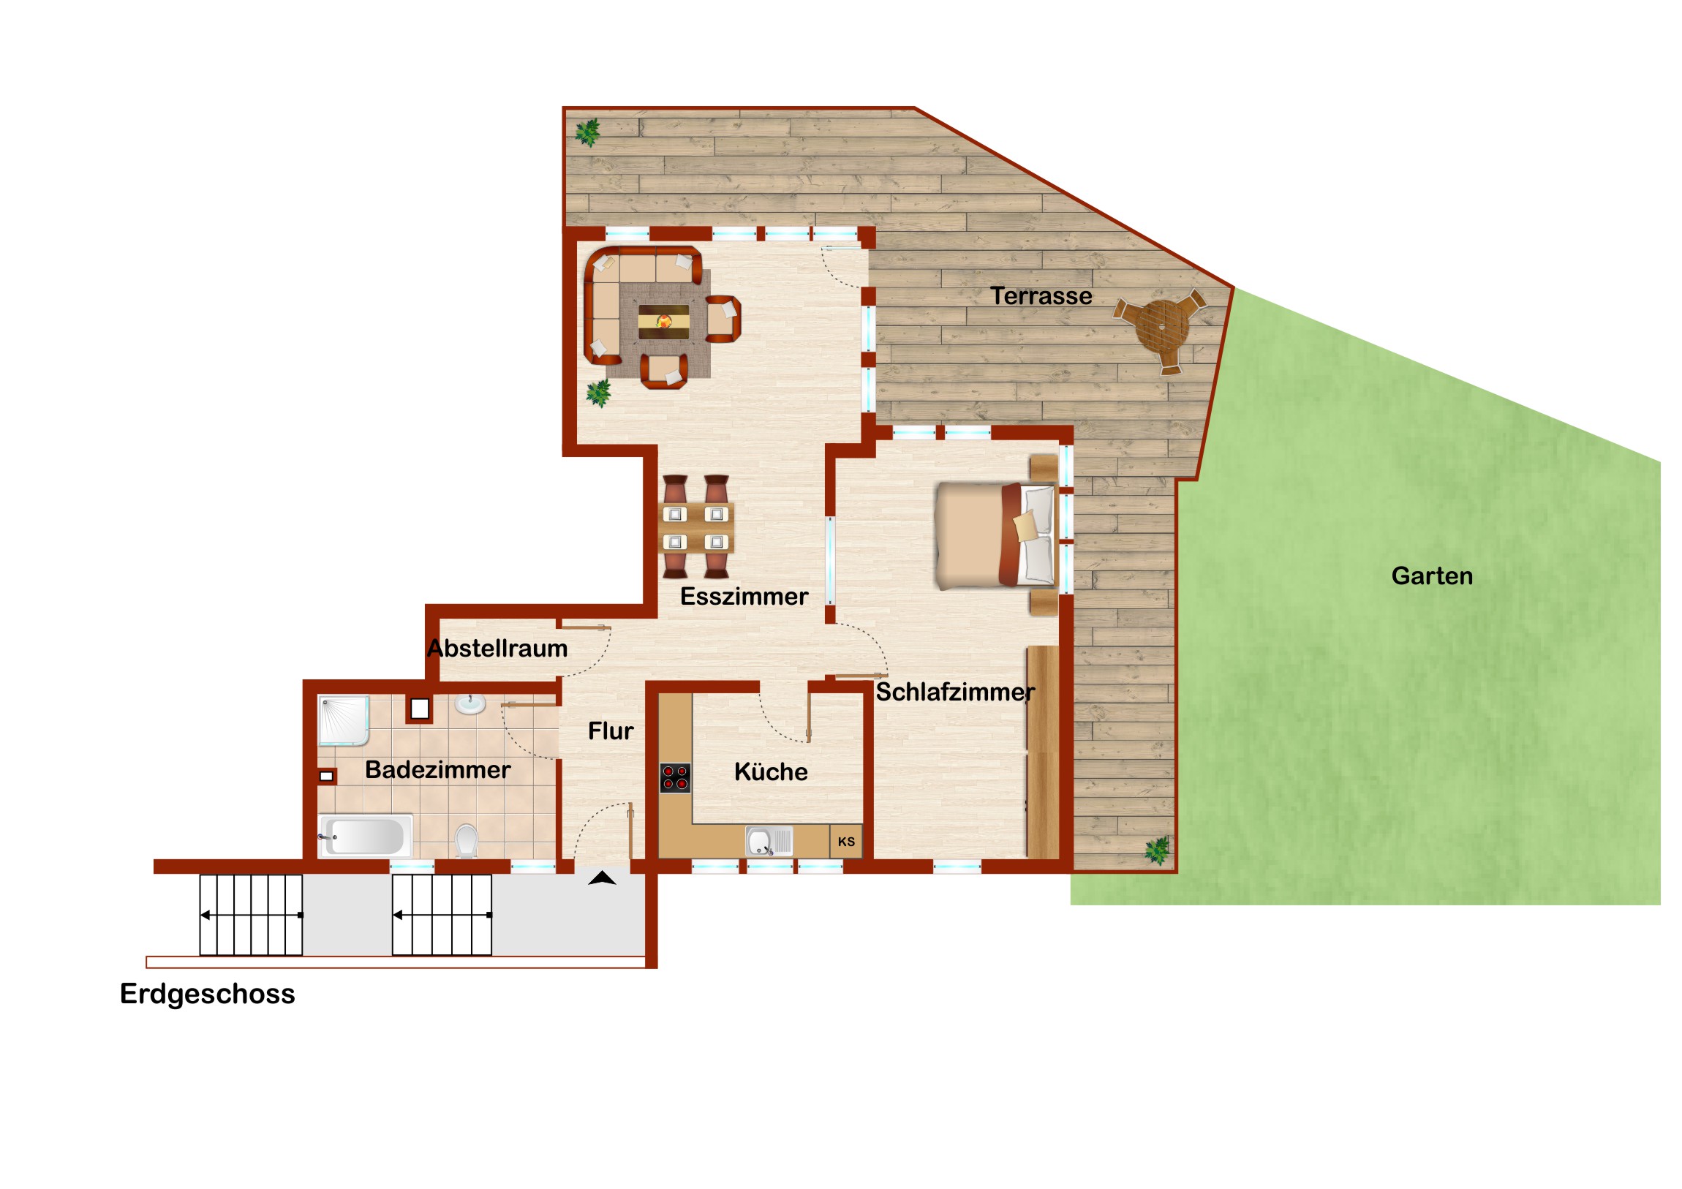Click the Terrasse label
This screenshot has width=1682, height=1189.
[x=1041, y=296]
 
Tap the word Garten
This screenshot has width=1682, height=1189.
[x=1432, y=575]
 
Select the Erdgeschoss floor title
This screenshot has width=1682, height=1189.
[x=207, y=994]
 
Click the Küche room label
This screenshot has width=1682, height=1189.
[x=771, y=771]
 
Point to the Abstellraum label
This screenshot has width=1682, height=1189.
[x=497, y=649]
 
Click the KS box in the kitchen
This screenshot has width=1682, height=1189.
[x=846, y=842]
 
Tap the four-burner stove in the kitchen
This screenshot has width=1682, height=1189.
[x=675, y=778]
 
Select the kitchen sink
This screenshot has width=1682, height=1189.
[x=769, y=841]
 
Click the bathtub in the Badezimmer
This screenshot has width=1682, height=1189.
[x=365, y=836]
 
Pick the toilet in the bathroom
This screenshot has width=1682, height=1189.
[x=466, y=840]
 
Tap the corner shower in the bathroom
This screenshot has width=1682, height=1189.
[x=344, y=720]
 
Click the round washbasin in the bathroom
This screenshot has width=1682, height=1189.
[x=469, y=704]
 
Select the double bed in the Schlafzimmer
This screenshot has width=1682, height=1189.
[x=995, y=535]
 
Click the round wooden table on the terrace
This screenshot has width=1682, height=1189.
[x=1162, y=326]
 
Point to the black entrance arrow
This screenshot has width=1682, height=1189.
[x=601, y=877]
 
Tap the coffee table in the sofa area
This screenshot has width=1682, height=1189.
[x=664, y=322]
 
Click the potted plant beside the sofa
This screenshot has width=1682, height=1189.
[x=599, y=393]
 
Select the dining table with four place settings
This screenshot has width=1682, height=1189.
[x=695, y=527]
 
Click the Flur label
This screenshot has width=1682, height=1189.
[x=610, y=731]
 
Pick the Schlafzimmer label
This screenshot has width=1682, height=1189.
[x=955, y=692]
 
